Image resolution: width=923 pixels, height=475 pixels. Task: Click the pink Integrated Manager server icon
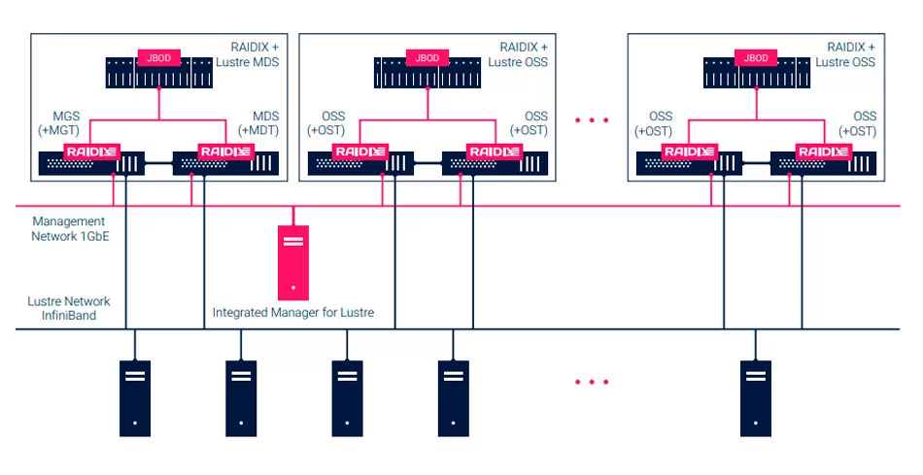click(293, 262)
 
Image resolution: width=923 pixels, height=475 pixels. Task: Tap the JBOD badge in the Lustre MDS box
click(157, 57)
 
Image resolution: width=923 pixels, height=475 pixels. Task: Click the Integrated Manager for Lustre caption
click(293, 313)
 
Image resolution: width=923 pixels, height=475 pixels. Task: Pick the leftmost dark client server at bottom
click(135, 397)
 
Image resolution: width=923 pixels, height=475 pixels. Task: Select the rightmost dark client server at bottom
click(756, 397)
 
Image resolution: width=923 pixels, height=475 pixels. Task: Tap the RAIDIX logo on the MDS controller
click(225, 152)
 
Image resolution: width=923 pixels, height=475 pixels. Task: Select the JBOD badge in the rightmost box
click(756, 57)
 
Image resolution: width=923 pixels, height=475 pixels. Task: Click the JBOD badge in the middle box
click(427, 57)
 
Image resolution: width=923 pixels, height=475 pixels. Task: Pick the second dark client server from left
click(241, 397)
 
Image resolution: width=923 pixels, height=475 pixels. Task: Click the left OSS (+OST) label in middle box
click(332, 123)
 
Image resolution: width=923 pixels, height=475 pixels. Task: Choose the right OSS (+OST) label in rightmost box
click(858, 123)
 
